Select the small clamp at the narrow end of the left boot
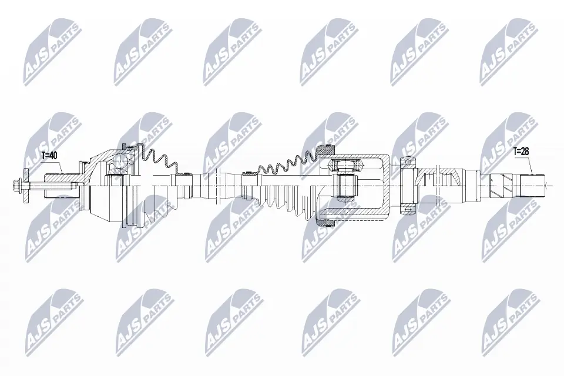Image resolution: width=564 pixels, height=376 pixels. (x=186, y=174)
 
